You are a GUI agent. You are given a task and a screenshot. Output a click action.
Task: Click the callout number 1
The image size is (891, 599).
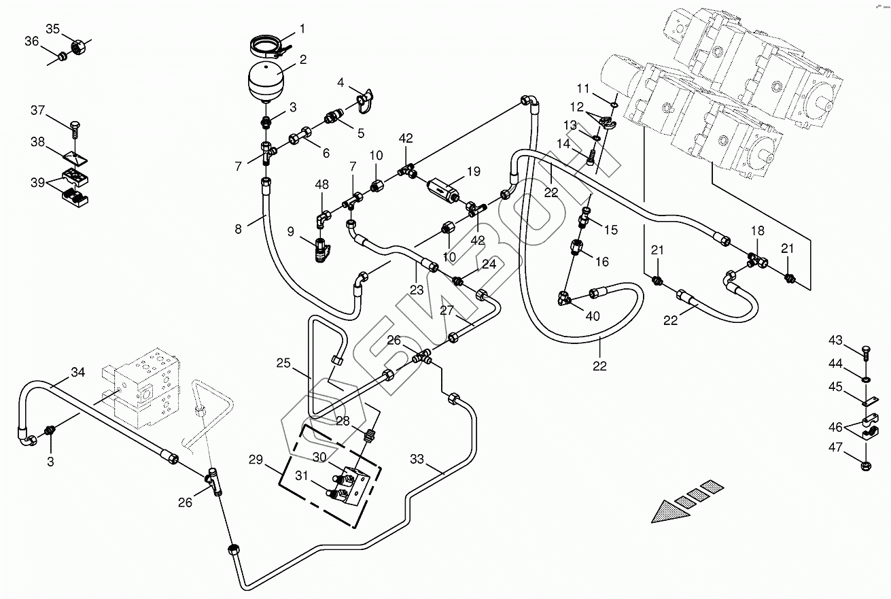coord(302,29)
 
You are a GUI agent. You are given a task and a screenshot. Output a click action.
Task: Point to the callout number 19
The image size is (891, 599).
coord(473,171)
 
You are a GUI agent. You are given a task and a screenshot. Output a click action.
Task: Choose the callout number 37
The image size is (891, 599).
coord(38,110)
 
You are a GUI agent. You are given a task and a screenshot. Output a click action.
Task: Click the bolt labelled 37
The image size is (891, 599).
coord(75,129)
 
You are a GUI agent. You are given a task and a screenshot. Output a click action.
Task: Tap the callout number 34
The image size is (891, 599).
coord(78,372)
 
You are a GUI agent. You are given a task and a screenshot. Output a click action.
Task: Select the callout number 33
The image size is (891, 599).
coord(417,460)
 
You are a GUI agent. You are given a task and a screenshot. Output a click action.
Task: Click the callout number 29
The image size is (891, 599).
coord(256,460)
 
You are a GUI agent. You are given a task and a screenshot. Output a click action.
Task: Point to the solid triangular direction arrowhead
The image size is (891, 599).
coord(671,512)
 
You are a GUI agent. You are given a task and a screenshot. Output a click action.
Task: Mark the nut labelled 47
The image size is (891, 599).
coord(866,465)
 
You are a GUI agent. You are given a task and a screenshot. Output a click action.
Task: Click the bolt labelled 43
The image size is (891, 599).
coord(866,353)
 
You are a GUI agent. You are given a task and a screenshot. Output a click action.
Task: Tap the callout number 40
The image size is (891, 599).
coord(593,316)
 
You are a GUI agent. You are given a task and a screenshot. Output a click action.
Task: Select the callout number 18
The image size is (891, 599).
coord(757,231)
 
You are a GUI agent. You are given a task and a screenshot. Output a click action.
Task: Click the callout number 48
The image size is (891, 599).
coord(321,185)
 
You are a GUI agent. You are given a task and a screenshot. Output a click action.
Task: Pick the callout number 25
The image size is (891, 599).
coord(283,363)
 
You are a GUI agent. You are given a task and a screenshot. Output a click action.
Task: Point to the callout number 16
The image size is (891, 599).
coord(602,262)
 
